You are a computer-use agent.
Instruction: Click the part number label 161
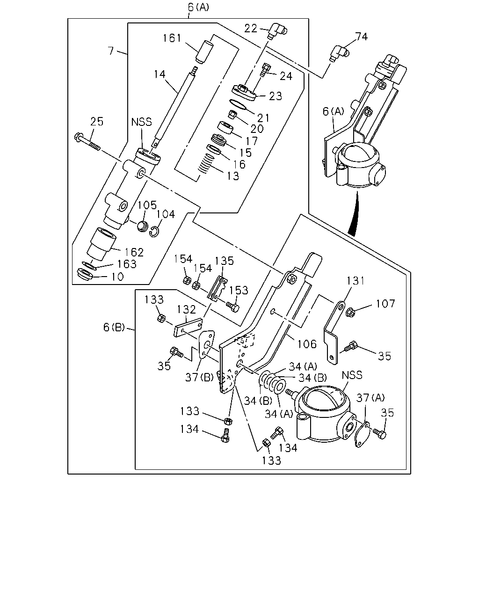(172, 38)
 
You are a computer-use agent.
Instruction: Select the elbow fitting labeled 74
(339, 53)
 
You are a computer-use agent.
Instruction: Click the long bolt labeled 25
(87, 142)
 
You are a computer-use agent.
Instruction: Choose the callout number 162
(134, 252)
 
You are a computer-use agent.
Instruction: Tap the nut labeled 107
(350, 313)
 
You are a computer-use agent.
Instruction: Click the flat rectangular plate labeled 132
(188, 328)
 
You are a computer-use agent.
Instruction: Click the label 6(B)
(114, 327)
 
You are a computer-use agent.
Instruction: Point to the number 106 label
(307, 344)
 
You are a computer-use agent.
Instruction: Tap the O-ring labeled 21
(238, 105)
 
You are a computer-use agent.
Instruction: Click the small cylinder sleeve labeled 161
(205, 52)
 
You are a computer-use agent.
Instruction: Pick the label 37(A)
(370, 398)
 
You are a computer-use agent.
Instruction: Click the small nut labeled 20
(232, 114)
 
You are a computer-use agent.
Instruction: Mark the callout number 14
(160, 74)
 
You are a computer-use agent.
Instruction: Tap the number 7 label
(111, 51)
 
